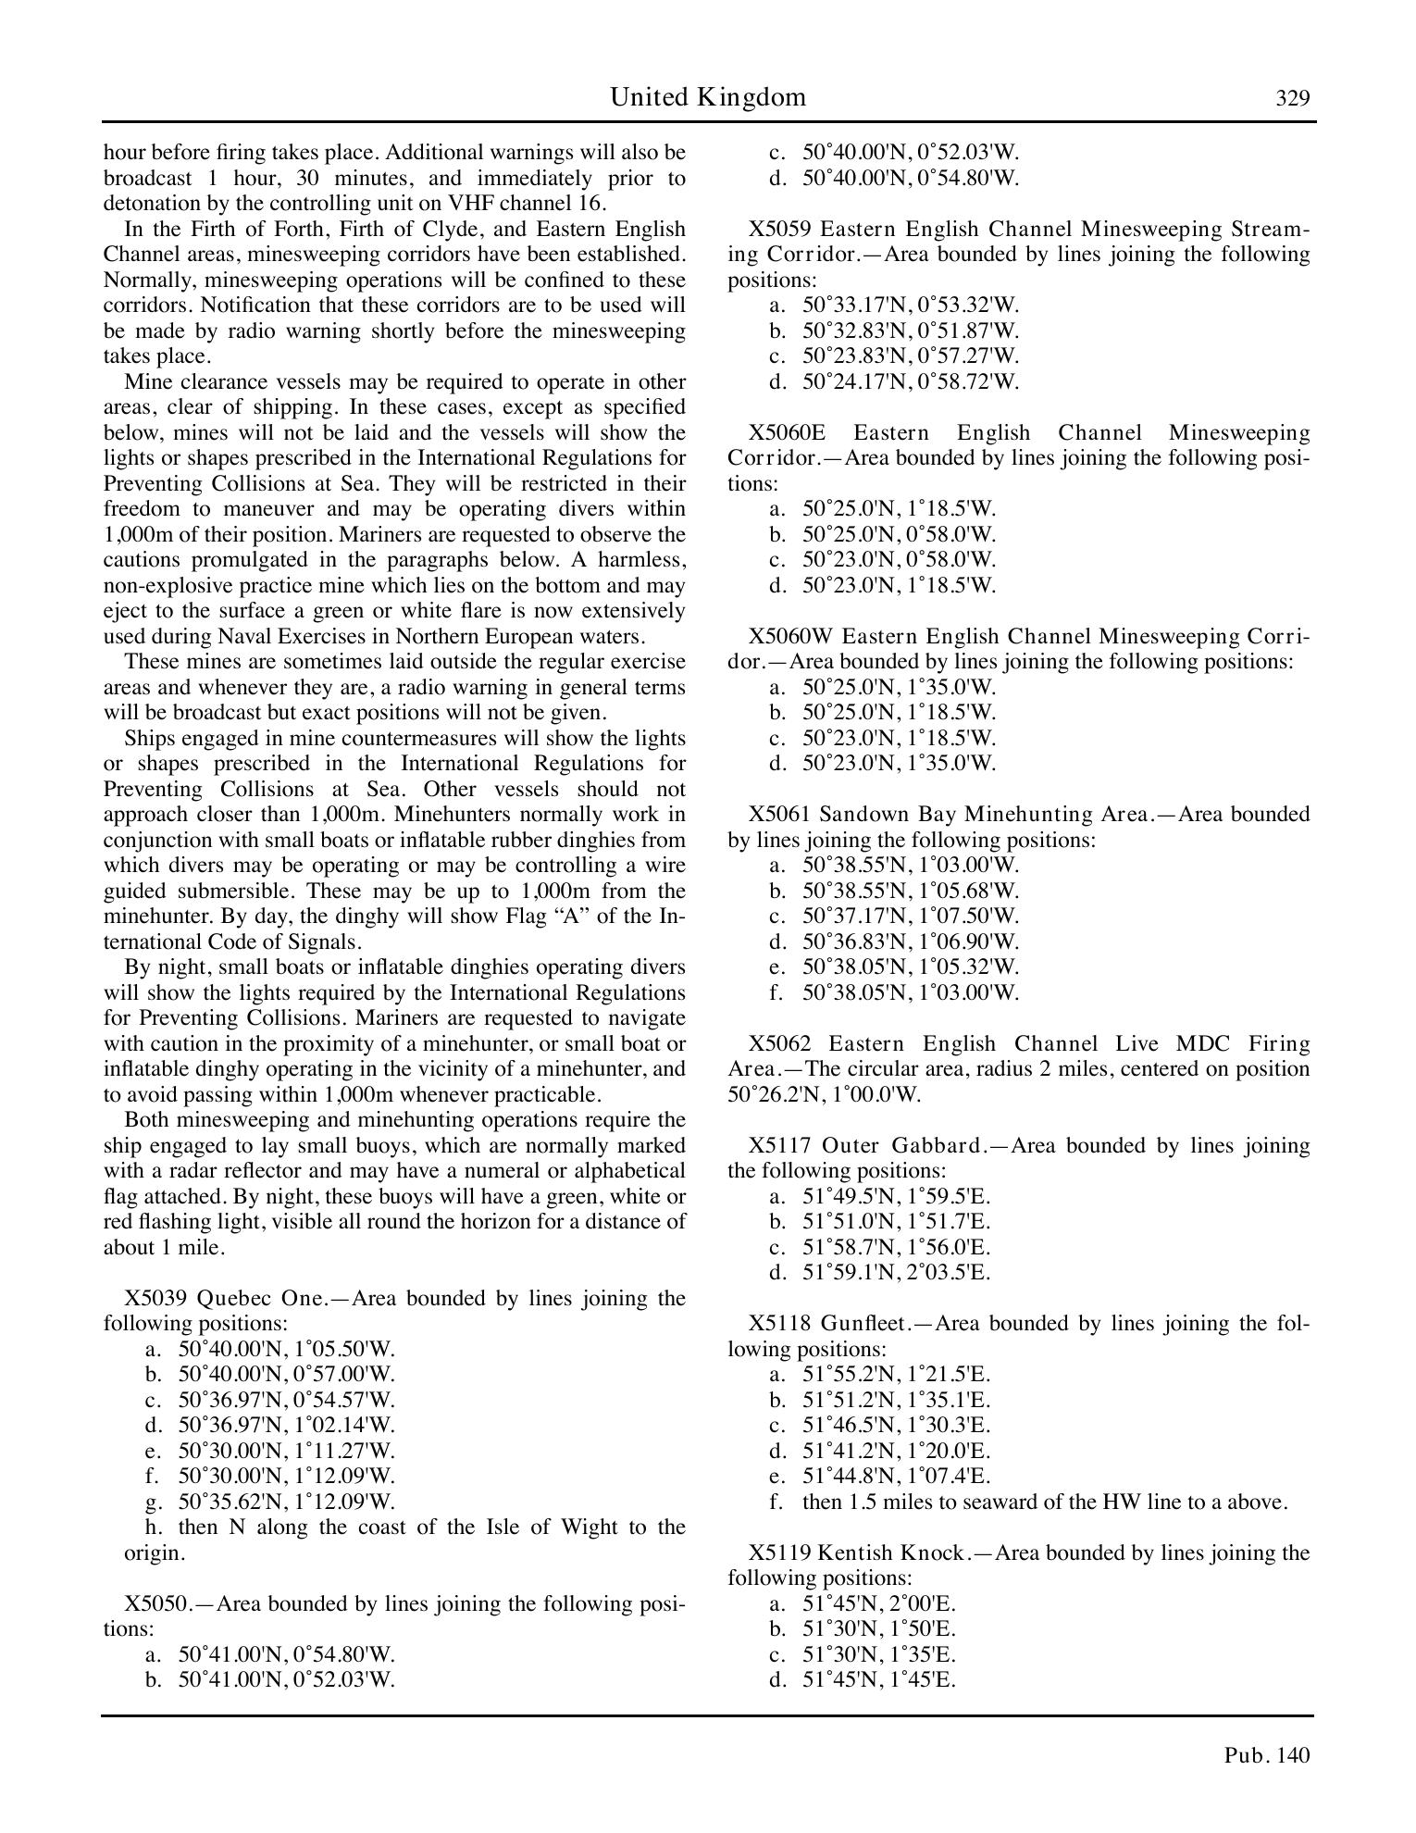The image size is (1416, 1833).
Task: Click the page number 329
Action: pos(1292,98)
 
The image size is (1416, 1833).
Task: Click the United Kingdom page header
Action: pos(707,97)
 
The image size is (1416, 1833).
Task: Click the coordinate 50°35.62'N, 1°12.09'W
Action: pos(286,1502)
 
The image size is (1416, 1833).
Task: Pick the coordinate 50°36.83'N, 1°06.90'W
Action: pos(910,941)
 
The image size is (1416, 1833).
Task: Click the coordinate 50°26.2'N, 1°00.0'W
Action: pos(825,1094)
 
